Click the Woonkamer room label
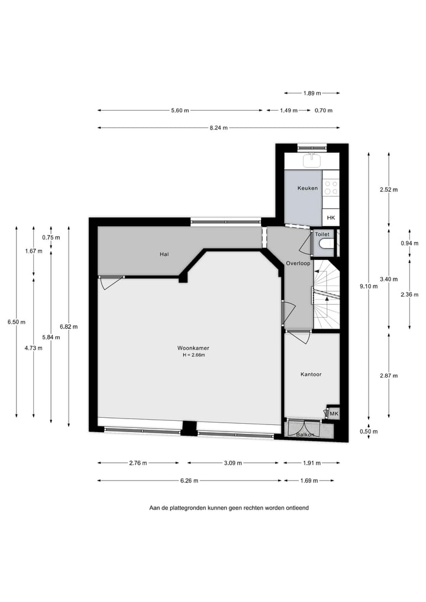pos(193,347)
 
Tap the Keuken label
pos(307,188)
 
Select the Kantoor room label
pos(311,374)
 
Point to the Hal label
pos(164,254)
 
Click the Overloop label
pos(298,263)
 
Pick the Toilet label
pos(322,234)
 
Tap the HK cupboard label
pos(331,218)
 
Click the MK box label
pos(334,413)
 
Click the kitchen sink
pos(312,160)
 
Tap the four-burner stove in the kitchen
pos(331,188)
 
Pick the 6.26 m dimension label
pos(189,481)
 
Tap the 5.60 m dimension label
pos(179,111)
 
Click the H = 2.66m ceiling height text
pos(193,355)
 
